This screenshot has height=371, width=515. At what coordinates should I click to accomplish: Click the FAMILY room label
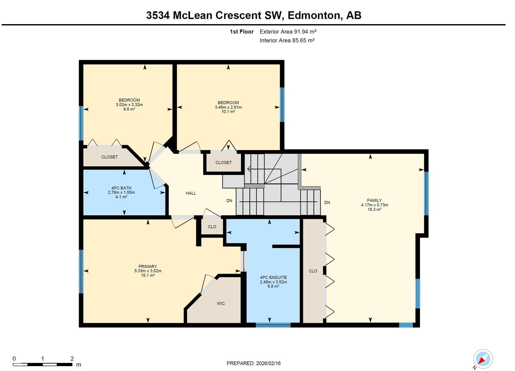[374, 200]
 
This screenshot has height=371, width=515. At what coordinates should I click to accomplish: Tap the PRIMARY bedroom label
[148, 267]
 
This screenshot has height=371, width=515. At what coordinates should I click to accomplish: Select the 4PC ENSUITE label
[273, 277]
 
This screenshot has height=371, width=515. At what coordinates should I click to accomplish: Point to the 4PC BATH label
[121, 188]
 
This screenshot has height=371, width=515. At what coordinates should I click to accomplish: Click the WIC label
[221, 303]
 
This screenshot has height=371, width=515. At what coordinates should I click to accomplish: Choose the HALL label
[191, 193]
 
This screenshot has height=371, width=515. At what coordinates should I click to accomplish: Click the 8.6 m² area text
[129, 109]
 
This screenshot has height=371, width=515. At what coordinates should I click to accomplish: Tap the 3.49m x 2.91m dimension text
[228, 107]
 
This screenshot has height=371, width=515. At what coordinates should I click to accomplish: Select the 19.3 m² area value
[375, 209]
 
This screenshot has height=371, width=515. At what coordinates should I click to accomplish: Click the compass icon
[483, 359]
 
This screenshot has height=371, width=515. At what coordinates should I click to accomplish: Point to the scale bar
[42, 364]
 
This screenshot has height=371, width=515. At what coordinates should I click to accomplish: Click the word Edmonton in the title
[314, 15]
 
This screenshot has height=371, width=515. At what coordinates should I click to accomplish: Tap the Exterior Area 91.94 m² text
[288, 32]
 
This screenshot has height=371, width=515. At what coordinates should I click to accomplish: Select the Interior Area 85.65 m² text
[287, 41]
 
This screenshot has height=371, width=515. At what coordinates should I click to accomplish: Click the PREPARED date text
[254, 363]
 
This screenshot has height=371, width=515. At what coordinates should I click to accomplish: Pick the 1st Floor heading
[242, 32]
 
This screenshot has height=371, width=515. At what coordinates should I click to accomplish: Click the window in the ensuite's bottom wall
[273, 325]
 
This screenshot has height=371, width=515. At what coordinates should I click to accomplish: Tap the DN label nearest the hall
[229, 201]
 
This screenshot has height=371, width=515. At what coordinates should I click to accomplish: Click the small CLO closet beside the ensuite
[212, 227]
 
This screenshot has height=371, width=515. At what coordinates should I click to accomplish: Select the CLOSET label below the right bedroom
[223, 163]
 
